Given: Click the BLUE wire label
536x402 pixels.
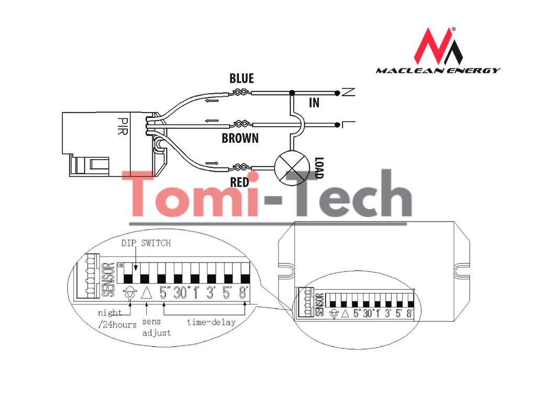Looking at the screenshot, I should click(241, 79).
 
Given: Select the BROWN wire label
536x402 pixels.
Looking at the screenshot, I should click(240, 139).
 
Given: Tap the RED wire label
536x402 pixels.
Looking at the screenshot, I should click(239, 182).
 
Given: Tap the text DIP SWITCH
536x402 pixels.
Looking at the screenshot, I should click(146, 243).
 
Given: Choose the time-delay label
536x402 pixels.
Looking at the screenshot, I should click(211, 322).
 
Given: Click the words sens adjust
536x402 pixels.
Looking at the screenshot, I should click(157, 328).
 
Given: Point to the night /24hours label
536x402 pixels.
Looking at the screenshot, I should click(117, 318).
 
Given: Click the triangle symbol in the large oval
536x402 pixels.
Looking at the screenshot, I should click(147, 293).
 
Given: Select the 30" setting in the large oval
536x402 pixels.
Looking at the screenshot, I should click(181, 293).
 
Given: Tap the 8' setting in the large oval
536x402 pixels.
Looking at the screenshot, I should click(243, 293).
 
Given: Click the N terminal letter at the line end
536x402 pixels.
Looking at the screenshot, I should click(348, 93).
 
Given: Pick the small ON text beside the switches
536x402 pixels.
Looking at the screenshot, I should click(119, 265).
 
